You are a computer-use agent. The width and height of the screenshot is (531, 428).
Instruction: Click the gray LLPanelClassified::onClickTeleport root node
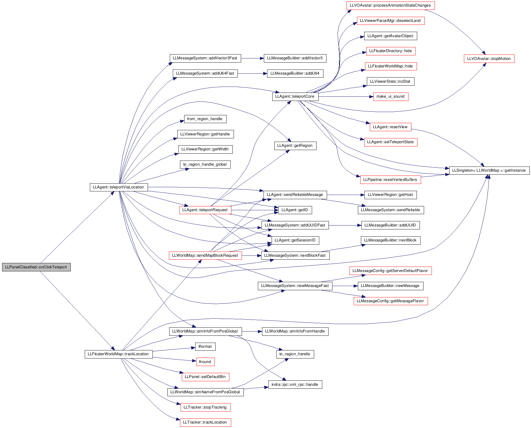coord(36,267)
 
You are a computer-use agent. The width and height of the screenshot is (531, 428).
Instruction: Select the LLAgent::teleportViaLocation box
coord(119,187)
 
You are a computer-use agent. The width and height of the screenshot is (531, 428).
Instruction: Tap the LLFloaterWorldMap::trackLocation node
coord(119,354)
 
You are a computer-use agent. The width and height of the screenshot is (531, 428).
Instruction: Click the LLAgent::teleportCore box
coord(295,96)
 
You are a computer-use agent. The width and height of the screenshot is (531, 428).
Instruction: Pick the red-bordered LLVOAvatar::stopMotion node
coord(489,59)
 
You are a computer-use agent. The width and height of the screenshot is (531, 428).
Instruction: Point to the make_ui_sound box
coord(391,96)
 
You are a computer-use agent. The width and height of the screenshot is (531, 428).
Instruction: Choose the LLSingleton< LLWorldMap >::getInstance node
coord(489,170)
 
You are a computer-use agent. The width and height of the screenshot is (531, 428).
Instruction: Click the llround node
coord(205,362)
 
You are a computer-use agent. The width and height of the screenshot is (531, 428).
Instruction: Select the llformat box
coord(205,347)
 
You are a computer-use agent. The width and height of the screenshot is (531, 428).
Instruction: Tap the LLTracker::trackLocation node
coord(205,422)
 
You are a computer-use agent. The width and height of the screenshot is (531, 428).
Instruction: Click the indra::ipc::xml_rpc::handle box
coord(295,385)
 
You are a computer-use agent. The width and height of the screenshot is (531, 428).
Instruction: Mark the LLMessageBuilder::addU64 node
coord(295,73)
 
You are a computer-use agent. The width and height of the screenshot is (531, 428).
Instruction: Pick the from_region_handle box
coord(205,119)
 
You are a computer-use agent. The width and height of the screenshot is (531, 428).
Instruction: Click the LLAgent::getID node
coord(295,210)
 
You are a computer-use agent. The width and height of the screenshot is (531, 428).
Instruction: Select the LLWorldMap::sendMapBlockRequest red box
coord(205,255)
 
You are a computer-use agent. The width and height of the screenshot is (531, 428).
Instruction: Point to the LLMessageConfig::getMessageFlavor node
coord(391,301)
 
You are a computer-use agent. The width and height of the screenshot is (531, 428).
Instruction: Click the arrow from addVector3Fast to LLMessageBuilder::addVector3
coord(252,58)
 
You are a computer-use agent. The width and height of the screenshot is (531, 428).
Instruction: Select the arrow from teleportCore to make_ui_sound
coord(346,97)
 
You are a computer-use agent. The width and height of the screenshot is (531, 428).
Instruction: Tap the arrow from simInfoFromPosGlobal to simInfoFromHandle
coord(252,331)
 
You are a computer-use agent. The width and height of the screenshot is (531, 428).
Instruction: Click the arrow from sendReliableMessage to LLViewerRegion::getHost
coord(346,195)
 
